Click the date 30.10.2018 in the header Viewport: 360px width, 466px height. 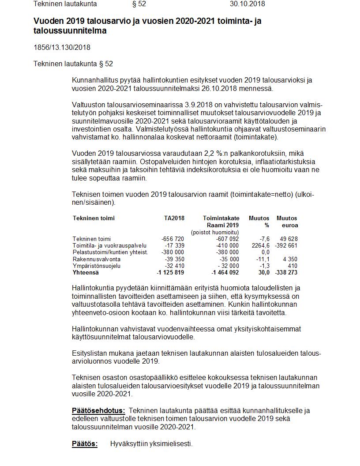[x=247, y=4]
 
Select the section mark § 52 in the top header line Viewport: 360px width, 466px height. [x=139, y=4]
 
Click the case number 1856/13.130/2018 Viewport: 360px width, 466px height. [x=62, y=47]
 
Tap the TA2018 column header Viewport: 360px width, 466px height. [x=174, y=218]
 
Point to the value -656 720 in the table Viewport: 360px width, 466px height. [x=173, y=239]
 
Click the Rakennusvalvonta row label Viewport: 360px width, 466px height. [x=97, y=259]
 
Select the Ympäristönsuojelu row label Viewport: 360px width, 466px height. [x=97, y=266]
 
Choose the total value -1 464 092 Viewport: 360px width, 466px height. [x=221, y=273]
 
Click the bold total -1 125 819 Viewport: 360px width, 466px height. [x=170, y=273]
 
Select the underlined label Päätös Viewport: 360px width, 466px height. [x=85, y=444]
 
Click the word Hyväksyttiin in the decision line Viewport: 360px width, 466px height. [x=128, y=444]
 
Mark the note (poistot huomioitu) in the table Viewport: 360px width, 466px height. [x=215, y=232]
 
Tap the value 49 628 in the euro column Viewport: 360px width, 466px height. [x=289, y=239]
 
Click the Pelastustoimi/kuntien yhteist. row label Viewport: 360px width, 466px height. [x=110, y=252]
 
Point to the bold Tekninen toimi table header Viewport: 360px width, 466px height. [x=94, y=218]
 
